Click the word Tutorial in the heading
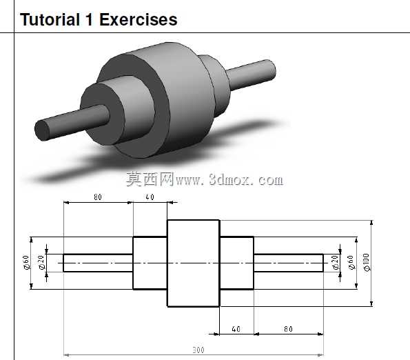[50, 19]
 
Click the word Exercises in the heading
[139, 19]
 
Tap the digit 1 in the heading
[90, 19]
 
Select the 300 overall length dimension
[198, 350]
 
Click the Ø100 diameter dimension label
[367, 262]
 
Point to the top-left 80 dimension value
[98, 197]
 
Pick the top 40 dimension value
[150, 197]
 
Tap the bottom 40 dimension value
[236, 329]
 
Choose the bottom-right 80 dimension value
[289, 329]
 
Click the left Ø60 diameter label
[26, 262]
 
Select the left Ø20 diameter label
[41, 262]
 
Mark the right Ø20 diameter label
[336, 262]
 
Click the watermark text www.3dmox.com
[229, 180]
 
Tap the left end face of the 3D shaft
[42, 130]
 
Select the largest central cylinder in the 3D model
[167, 99]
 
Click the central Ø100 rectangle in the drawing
[193, 263]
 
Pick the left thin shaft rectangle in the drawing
[98, 263]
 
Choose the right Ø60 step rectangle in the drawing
[237, 263]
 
